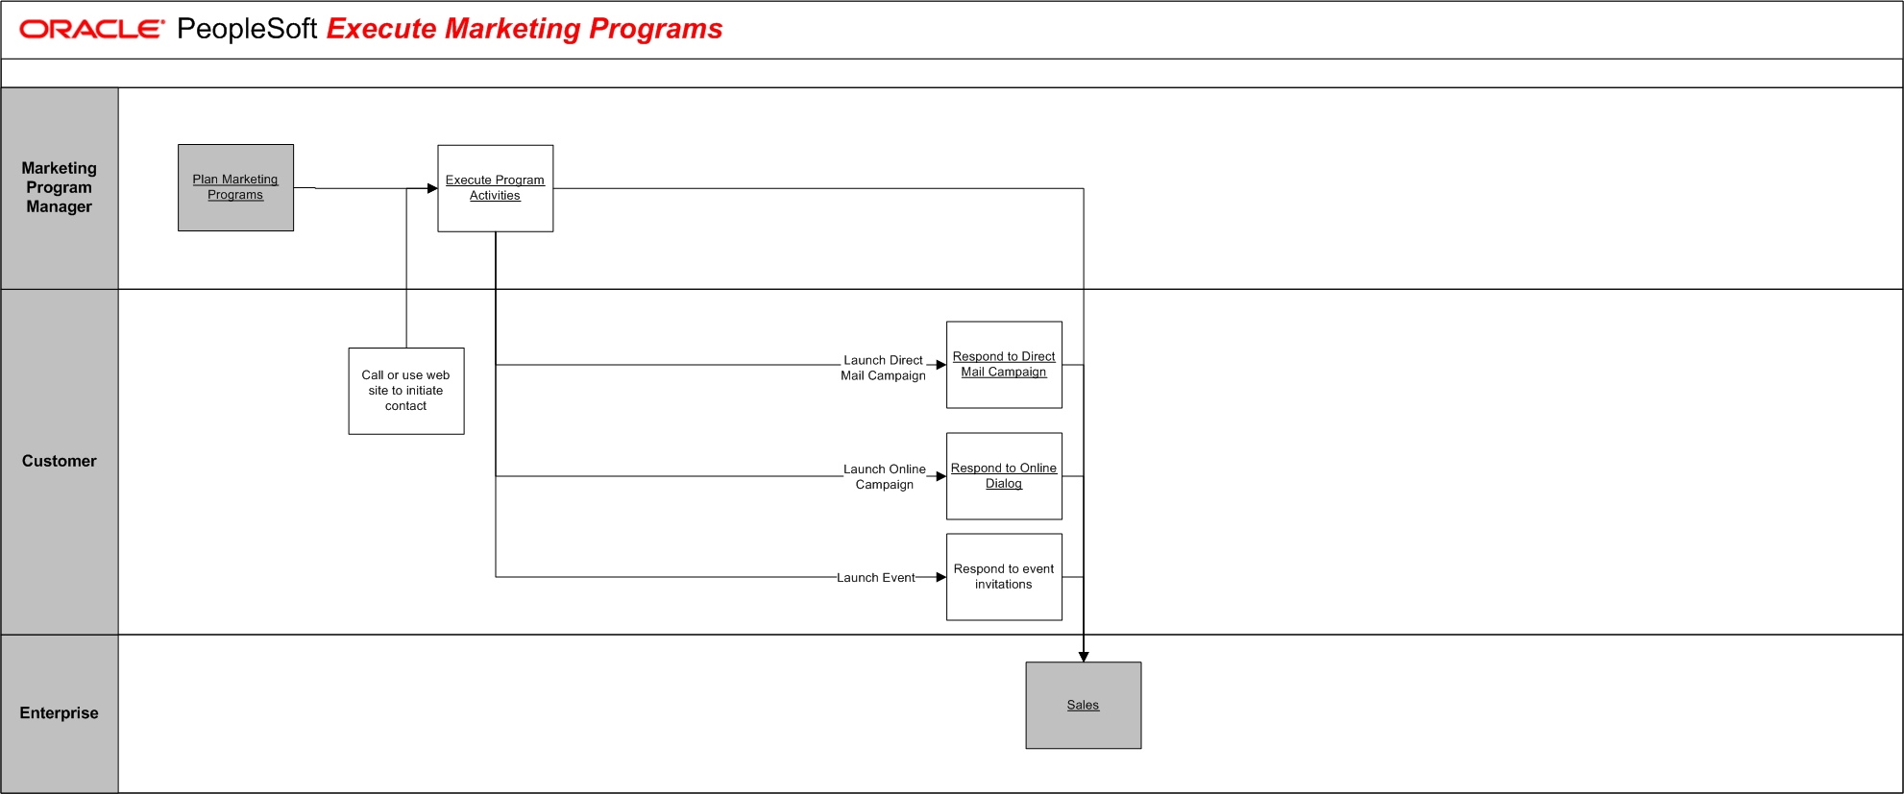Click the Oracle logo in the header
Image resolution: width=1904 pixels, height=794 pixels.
(x=92, y=30)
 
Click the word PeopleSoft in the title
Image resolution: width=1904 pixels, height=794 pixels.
(x=247, y=30)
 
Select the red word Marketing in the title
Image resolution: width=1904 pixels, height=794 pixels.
(x=513, y=29)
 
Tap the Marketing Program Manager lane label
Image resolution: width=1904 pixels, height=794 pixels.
(x=60, y=187)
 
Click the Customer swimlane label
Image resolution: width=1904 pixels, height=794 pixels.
(x=60, y=461)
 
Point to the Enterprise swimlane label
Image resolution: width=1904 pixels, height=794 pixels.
(x=60, y=712)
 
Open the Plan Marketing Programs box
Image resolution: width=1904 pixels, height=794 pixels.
(x=235, y=187)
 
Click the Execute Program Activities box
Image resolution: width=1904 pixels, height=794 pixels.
(x=495, y=188)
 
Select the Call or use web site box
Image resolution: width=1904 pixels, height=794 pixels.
(x=406, y=391)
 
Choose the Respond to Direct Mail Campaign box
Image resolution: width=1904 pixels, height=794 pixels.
(x=1004, y=365)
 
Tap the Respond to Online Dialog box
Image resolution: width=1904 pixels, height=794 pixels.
(x=1004, y=476)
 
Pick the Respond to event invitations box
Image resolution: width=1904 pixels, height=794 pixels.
(x=1004, y=577)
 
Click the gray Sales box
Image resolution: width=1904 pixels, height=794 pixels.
(x=1083, y=705)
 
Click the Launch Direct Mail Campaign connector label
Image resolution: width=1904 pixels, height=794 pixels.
(x=883, y=368)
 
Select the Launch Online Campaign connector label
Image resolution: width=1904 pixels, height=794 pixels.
(x=885, y=477)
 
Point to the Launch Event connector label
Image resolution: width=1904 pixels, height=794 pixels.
(x=875, y=578)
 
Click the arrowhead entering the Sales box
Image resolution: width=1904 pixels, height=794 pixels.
(x=1084, y=657)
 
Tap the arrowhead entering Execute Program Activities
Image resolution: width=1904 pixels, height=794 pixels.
(x=432, y=188)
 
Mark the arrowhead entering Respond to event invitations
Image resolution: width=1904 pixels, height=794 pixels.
(x=941, y=577)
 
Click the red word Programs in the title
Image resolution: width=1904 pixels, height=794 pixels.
(x=655, y=29)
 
